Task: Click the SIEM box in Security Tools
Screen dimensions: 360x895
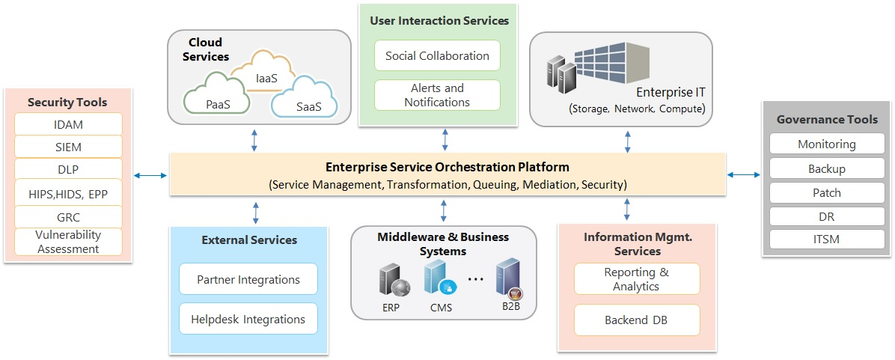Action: pos(68,146)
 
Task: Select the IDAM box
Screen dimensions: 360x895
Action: pos(68,123)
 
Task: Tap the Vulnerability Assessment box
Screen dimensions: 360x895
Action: pos(68,242)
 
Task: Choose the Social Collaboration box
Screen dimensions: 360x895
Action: pos(437,55)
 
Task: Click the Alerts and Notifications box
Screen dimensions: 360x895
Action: pos(437,95)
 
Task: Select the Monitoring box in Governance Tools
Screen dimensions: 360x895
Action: pos(826,144)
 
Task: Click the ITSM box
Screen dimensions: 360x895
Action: pos(826,240)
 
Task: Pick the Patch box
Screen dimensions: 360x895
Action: pos(826,192)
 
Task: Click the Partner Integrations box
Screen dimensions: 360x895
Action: pos(248,279)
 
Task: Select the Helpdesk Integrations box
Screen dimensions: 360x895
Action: pos(248,319)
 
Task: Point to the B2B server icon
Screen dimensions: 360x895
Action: pos(508,279)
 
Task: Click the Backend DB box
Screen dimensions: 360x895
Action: pos(636,320)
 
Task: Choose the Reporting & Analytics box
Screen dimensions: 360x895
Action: pos(636,279)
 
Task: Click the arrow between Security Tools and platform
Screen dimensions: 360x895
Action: pos(150,176)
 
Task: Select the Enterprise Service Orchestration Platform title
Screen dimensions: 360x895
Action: pos(447,167)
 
